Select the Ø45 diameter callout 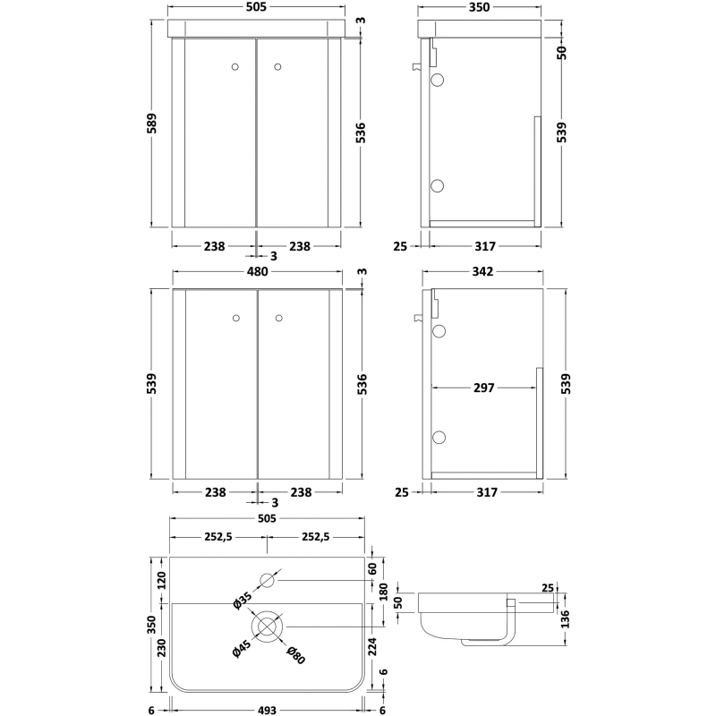click(x=239, y=652)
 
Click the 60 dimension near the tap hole click(x=372, y=567)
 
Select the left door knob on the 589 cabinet click(x=236, y=65)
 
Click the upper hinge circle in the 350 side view click(x=438, y=81)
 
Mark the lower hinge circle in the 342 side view click(x=438, y=437)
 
